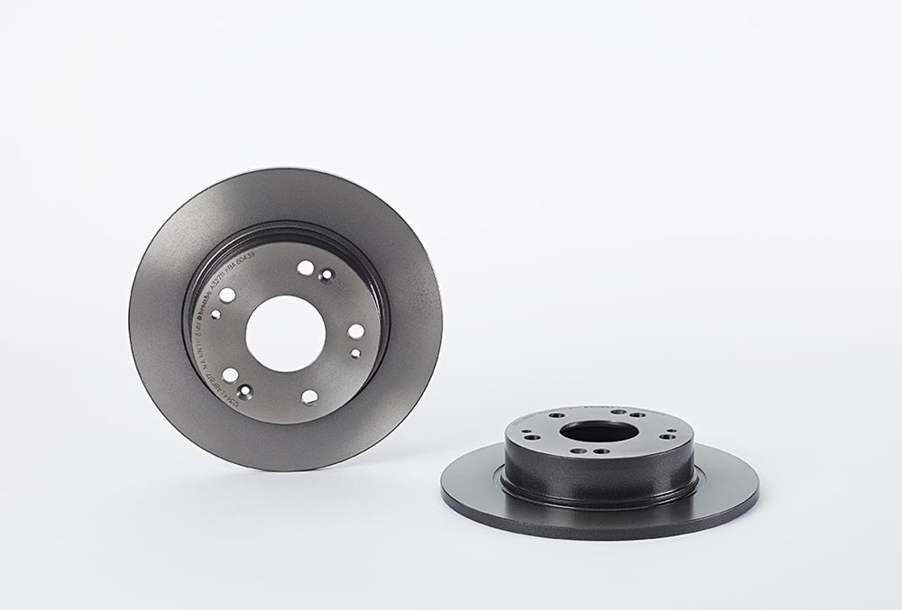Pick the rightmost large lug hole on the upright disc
pyautogui.click(x=355, y=331)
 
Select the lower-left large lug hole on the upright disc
pyautogui.click(x=231, y=374)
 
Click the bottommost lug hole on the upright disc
pyautogui.click(x=309, y=396)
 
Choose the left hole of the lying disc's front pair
pyautogui.click(x=579, y=451)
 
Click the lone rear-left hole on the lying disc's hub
pyautogui.click(x=556, y=415)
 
